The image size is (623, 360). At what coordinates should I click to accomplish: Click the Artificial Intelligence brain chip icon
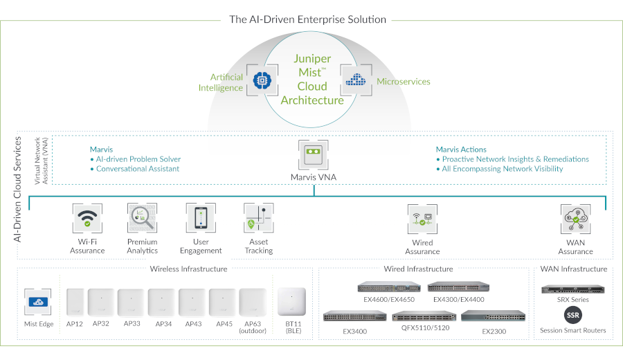(x=262, y=80)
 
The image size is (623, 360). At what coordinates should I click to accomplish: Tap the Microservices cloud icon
(x=356, y=80)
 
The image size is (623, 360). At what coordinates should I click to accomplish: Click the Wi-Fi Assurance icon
(x=87, y=219)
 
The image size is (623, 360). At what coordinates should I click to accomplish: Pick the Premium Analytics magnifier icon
(x=143, y=219)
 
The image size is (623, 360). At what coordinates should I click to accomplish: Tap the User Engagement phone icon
(x=201, y=219)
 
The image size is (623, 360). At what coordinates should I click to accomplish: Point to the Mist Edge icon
(x=39, y=303)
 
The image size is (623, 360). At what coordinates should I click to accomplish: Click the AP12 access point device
(x=74, y=301)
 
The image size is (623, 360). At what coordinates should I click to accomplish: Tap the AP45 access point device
(x=224, y=302)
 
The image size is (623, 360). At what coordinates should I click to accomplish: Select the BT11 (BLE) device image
(x=291, y=302)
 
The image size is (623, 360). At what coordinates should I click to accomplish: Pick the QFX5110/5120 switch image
(x=421, y=316)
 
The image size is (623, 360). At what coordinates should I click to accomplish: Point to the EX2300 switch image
(x=485, y=316)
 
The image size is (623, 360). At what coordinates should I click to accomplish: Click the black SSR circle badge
(x=573, y=316)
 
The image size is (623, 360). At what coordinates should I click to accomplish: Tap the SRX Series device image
(x=573, y=289)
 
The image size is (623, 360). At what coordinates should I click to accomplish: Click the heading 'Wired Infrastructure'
(x=418, y=269)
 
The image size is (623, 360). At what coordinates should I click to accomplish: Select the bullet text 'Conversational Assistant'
(x=138, y=169)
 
